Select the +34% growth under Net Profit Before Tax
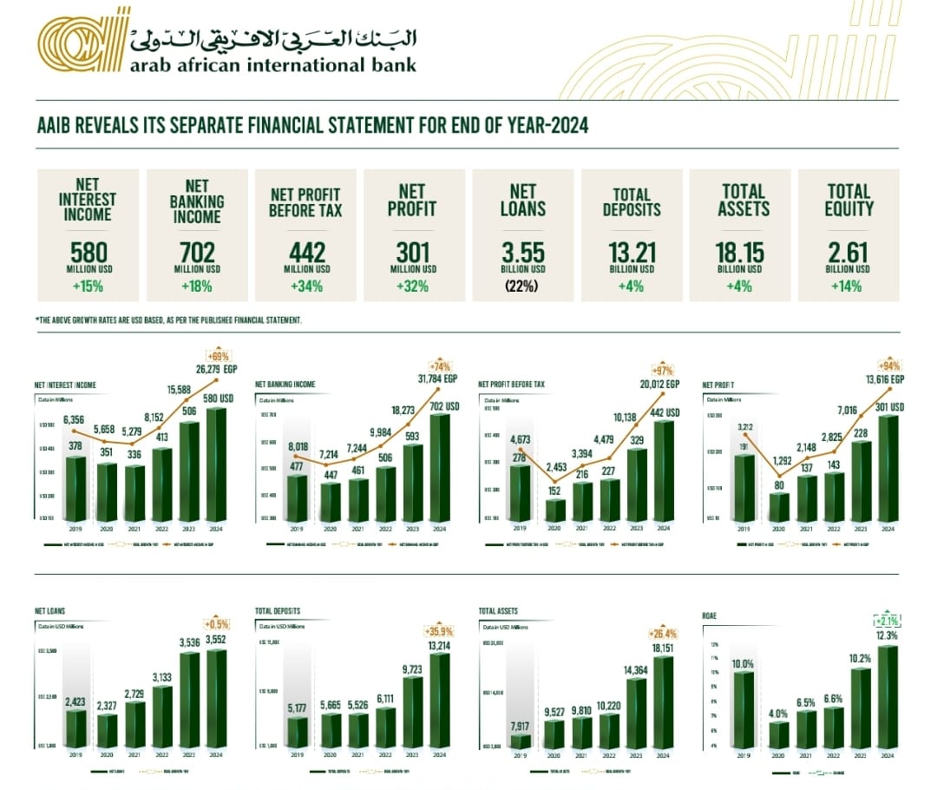coord(305,286)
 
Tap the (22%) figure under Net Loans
coord(522,286)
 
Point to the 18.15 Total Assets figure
coord(740,253)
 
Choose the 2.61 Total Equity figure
coord(849,253)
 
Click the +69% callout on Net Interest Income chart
coord(217,356)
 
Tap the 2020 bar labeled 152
coord(555,510)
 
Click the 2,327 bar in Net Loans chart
coord(108,730)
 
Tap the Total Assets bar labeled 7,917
coord(520,741)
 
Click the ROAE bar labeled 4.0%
coord(779,734)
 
